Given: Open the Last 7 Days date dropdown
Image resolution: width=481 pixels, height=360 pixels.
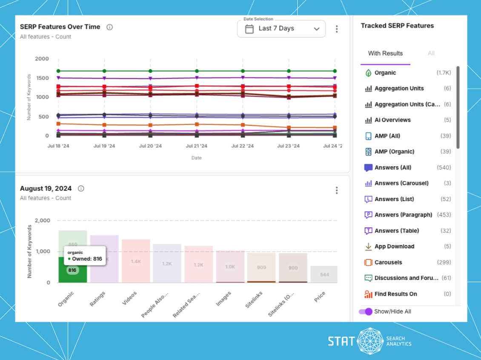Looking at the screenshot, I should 281,29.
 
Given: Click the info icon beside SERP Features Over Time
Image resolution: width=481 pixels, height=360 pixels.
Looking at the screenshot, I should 109,27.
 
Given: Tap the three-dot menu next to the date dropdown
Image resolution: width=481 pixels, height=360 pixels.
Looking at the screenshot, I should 337,29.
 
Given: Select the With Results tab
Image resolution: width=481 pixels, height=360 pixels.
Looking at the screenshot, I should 385,54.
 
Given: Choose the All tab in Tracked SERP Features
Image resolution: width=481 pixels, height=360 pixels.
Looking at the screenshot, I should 431,54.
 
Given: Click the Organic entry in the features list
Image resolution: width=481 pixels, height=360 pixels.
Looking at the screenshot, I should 385,73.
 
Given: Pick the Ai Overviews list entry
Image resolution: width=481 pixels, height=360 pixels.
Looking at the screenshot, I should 392,120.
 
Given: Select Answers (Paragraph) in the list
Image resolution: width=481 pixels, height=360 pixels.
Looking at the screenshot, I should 403,215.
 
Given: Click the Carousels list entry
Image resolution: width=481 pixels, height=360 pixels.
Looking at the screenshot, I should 388,262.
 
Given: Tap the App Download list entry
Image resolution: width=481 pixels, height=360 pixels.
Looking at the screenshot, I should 394,247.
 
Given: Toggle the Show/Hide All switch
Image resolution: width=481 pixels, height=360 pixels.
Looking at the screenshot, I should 366,311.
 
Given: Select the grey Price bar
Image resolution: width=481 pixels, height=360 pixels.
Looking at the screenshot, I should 324,274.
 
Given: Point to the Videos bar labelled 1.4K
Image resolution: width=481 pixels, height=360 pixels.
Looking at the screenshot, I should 136,261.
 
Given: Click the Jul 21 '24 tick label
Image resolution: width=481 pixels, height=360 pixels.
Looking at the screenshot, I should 197,146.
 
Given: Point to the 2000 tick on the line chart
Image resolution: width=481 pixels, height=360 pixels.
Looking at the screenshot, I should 42,59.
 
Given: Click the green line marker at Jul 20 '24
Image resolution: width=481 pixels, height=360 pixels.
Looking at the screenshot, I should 150,71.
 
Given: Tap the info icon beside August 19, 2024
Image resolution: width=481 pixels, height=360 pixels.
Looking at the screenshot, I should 81,189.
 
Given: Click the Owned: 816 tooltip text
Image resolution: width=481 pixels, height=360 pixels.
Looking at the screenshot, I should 87,259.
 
